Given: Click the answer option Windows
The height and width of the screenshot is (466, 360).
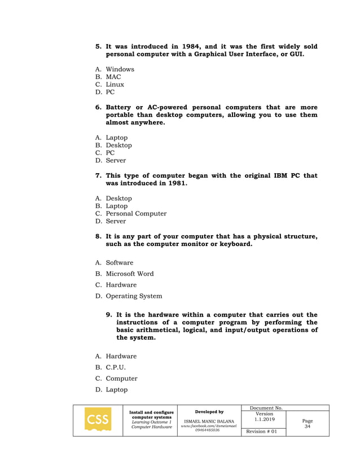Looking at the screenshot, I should pos(120,69).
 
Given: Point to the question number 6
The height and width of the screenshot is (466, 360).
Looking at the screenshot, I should pos(98,107).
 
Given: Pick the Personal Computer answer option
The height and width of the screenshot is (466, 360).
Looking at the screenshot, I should pos(136,214).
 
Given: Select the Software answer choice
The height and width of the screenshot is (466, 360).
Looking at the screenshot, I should pos(120,263).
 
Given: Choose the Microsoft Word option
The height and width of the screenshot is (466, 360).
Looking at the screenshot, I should pos(130,274).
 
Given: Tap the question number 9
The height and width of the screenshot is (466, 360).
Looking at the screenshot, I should pos(110,315).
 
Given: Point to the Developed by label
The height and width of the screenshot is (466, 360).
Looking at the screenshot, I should pos(209,412).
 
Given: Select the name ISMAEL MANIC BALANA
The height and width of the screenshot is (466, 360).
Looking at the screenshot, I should pos(209,421).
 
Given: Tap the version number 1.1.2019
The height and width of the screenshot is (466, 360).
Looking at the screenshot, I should pos(264,420).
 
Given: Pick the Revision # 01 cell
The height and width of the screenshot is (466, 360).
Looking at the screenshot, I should pos(263,432).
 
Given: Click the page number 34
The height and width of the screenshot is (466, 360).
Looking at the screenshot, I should pos(308,427).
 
